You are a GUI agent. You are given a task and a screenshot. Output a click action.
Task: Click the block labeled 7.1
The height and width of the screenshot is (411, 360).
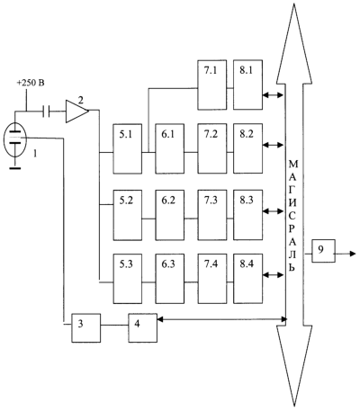[x=212, y=85]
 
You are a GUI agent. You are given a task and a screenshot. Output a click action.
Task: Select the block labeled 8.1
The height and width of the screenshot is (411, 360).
[x=247, y=85]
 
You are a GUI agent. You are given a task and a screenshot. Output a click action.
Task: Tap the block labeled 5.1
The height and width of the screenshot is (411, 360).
[x=128, y=148]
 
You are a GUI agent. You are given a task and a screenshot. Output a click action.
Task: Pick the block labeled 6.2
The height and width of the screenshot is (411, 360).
[x=170, y=215]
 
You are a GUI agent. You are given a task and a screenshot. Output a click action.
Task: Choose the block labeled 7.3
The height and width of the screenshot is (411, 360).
[x=212, y=215]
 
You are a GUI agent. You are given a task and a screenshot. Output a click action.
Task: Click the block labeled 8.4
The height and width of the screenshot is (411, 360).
[x=247, y=279]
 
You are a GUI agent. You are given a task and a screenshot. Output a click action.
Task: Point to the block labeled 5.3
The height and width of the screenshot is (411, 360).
[x=128, y=279]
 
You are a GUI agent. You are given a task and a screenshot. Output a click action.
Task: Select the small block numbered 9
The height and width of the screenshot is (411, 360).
[x=323, y=251]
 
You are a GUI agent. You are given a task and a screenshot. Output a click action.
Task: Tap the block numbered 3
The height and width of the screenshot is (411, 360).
[x=85, y=328]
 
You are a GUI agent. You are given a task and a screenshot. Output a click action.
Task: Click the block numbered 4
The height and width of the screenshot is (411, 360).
[x=143, y=328]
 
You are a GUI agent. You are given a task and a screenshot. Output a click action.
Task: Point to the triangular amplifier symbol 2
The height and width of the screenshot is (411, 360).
[x=76, y=112]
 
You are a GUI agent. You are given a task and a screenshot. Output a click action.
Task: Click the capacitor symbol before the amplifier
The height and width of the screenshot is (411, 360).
[x=46, y=112]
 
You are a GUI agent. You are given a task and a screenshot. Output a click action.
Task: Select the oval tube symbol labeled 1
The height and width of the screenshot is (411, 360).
[x=15, y=139]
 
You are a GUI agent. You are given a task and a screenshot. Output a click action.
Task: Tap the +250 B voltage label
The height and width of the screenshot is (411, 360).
[x=31, y=83]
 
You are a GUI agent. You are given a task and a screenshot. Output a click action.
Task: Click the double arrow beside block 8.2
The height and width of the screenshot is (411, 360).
[x=273, y=145]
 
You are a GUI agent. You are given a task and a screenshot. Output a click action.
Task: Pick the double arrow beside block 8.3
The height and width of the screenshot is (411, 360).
[x=273, y=211]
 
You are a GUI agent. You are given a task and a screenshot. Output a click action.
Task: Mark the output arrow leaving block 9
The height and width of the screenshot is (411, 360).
[x=346, y=254]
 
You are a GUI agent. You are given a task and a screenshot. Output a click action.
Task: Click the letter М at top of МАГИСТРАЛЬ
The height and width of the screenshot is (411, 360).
[x=293, y=165]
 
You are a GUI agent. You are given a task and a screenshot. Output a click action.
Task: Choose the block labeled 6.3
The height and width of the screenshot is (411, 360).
[x=170, y=279]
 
